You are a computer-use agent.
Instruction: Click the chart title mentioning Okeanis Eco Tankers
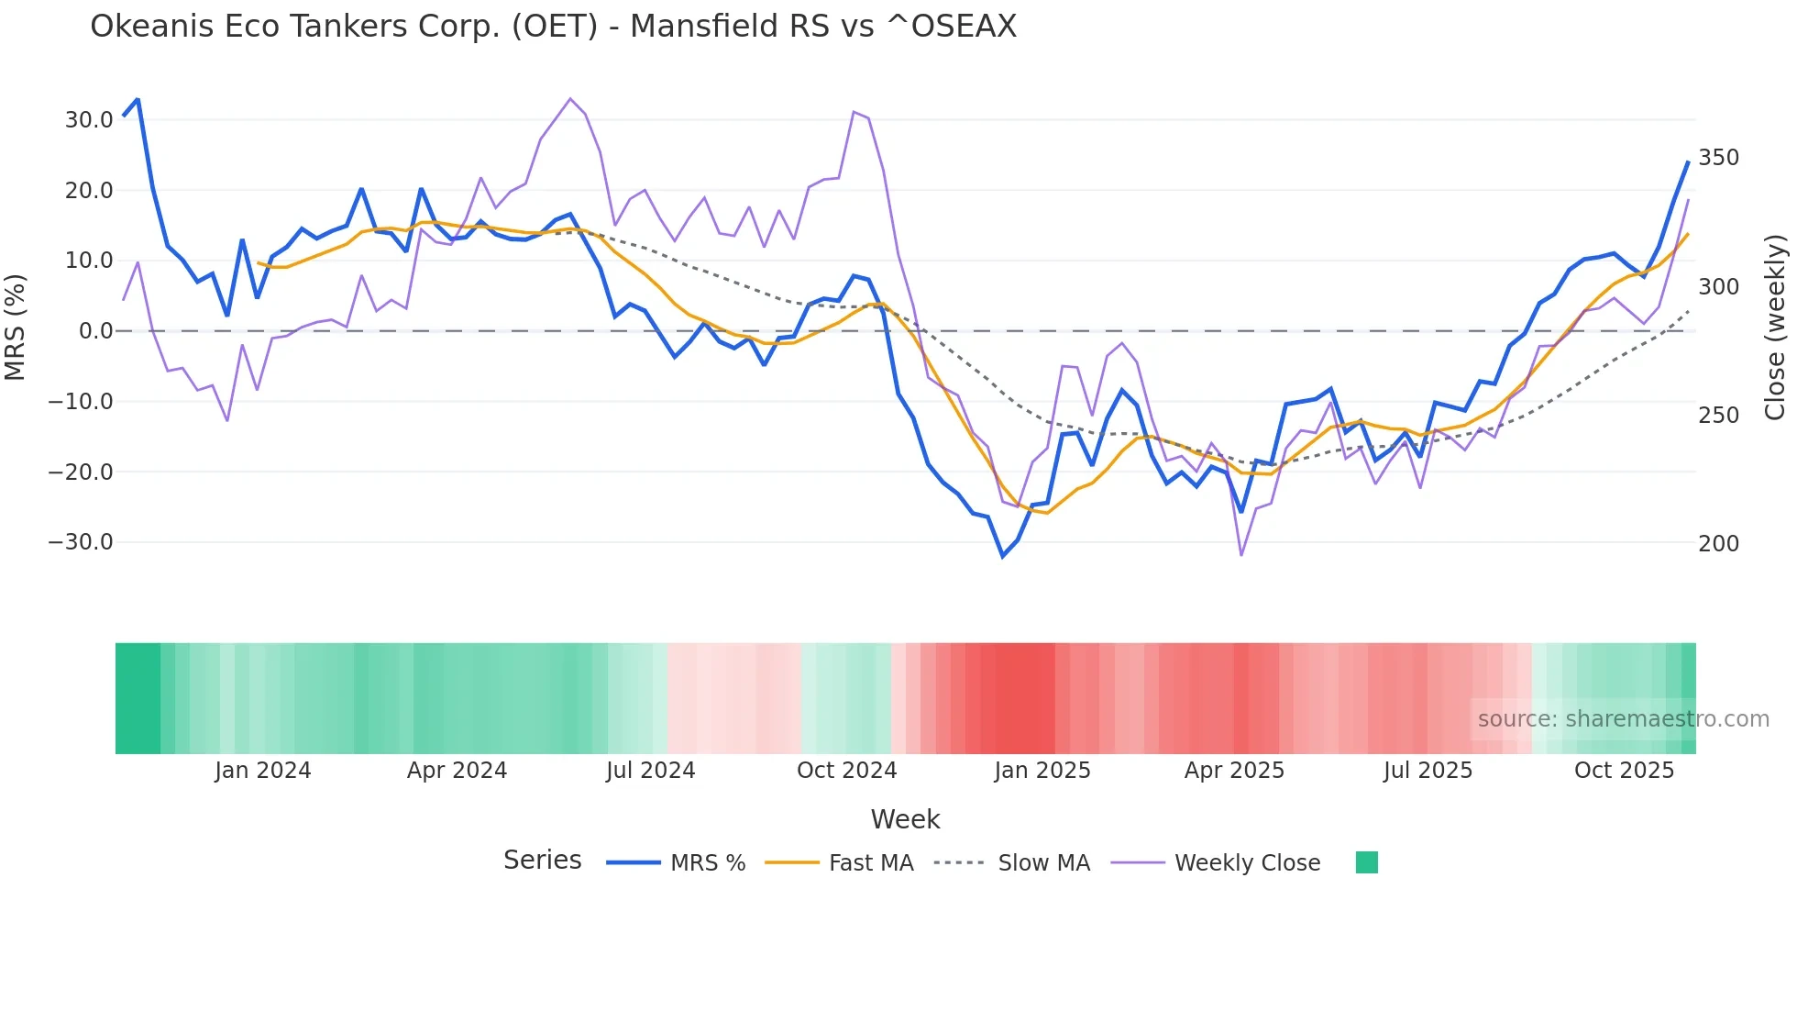[553, 27]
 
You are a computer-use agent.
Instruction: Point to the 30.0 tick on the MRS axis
[88, 120]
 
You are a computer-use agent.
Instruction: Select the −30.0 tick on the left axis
[81, 542]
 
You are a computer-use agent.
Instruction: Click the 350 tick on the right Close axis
[1718, 158]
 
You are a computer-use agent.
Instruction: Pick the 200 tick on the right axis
[1718, 544]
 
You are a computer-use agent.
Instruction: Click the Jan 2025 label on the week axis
[1042, 771]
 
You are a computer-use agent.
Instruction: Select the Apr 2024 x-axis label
[457, 771]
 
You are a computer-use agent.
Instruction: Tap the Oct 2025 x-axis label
[1624, 771]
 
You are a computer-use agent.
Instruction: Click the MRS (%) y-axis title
[16, 327]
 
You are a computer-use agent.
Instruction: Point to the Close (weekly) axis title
[1775, 327]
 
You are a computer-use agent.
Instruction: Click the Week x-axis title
[905, 819]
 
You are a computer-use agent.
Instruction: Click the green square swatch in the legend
[1366, 862]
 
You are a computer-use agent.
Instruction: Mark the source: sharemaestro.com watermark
[1623, 719]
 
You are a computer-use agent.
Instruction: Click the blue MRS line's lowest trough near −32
[1003, 556]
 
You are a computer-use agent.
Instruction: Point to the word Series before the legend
[542, 861]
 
